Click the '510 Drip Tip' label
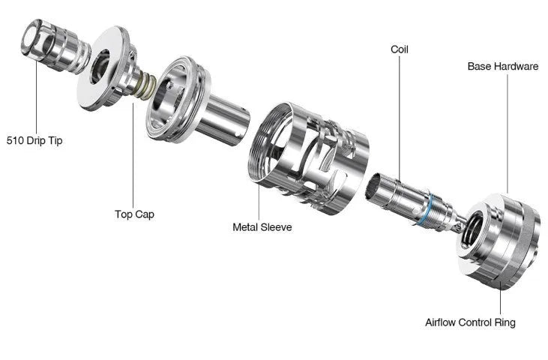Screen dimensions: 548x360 tap(34, 140)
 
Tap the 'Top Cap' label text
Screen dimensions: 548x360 tap(134, 214)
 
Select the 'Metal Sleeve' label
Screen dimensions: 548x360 tap(262, 227)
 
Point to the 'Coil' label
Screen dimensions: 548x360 tap(400, 49)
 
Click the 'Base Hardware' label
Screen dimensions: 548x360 tap(503, 67)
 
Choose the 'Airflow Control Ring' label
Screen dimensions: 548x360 tap(470, 322)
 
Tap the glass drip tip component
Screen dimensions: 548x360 tap(55, 46)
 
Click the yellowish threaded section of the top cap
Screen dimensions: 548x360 tap(145, 88)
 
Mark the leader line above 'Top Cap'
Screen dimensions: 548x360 tap(133, 155)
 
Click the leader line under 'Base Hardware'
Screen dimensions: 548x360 tap(507, 133)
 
